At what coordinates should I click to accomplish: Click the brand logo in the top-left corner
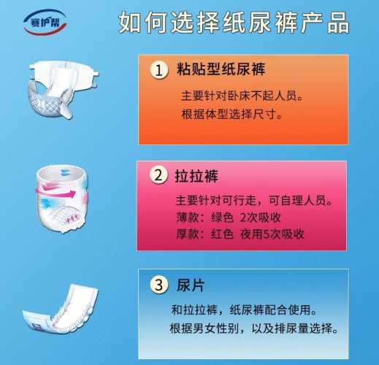(45, 23)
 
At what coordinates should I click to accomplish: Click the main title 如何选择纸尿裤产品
(234, 23)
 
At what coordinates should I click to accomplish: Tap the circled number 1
(158, 70)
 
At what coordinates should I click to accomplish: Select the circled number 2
(158, 175)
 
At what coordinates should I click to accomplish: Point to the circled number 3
(159, 285)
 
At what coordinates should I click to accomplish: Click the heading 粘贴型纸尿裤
(221, 69)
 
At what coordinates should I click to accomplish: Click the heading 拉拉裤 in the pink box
(196, 176)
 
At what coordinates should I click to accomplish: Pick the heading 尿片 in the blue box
(191, 285)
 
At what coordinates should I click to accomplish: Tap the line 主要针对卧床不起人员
(242, 96)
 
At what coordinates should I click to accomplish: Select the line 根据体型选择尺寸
(231, 114)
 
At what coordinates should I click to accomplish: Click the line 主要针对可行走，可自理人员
(254, 201)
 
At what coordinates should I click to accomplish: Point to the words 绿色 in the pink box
(222, 218)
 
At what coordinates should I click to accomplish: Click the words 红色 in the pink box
(222, 234)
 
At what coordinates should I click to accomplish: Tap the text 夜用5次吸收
(272, 234)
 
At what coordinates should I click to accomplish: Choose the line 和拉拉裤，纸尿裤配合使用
(244, 310)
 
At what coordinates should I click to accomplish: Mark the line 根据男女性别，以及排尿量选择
(254, 328)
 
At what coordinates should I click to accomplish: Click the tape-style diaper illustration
(64, 90)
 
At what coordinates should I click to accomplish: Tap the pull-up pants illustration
(62, 199)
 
